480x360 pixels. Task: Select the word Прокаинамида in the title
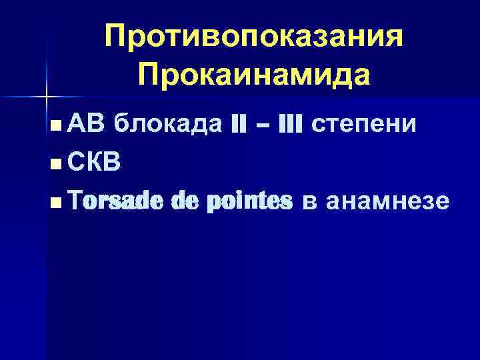point(253,75)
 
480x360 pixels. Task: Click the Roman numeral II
point(239,124)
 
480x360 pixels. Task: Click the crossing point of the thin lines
point(47,97)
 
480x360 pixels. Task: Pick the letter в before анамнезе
point(309,202)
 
